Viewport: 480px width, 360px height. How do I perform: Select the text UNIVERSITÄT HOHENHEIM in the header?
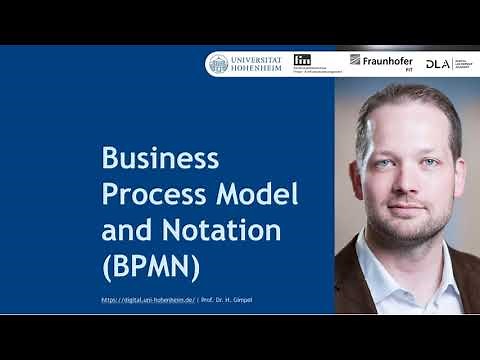click(257, 64)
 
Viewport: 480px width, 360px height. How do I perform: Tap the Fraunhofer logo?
click(381, 62)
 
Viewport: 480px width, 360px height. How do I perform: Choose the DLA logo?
click(437, 64)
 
